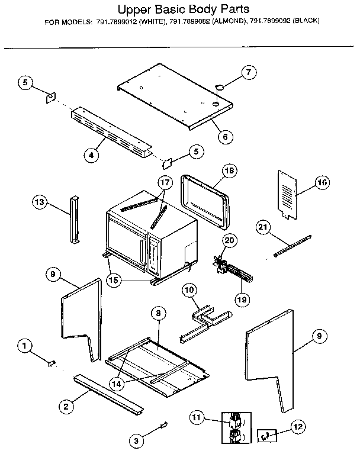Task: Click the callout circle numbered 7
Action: tap(249, 73)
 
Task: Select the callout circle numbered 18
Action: tap(229, 170)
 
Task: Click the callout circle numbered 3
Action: tap(137, 440)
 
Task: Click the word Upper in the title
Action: tap(136, 9)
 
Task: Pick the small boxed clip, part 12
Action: tap(266, 436)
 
